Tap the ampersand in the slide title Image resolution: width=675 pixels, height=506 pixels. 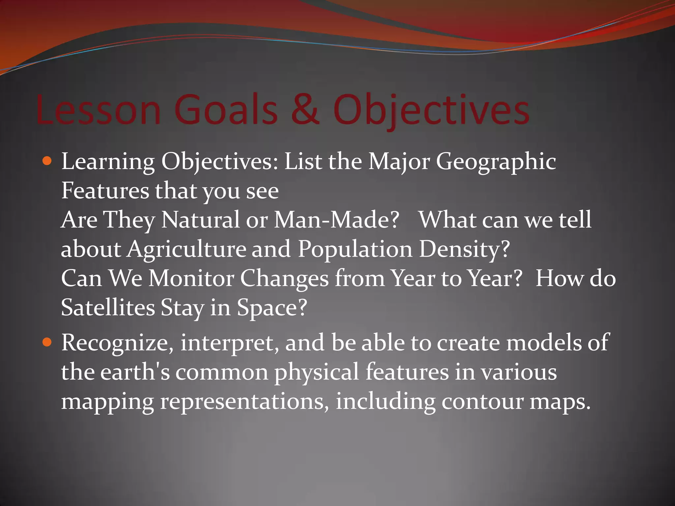pyautogui.click(x=305, y=110)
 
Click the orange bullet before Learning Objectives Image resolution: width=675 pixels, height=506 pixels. pyautogui.click(x=47, y=161)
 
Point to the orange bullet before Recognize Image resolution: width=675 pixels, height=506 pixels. pyautogui.click(x=47, y=343)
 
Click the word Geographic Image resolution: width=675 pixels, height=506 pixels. pyautogui.click(x=496, y=162)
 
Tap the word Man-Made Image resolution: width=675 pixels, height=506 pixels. pyautogui.click(x=336, y=220)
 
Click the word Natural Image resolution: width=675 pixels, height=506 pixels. pyautogui.click(x=200, y=220)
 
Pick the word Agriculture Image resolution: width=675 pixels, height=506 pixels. pyautogui.click(x=187, y=249)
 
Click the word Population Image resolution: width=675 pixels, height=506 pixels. pyautogui.click(x=355, y=249)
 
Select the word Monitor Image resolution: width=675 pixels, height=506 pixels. pyautogui.click(x=191, y=278)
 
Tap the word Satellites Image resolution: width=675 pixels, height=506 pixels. pyautogui.click(x=108, y=307)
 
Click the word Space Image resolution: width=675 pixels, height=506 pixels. pyautogui.click(x=272, y=307)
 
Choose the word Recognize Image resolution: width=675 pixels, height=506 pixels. pyautogui.click(x=117, y=343)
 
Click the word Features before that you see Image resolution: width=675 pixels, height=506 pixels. pyautogui.click(x=105, y=191)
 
